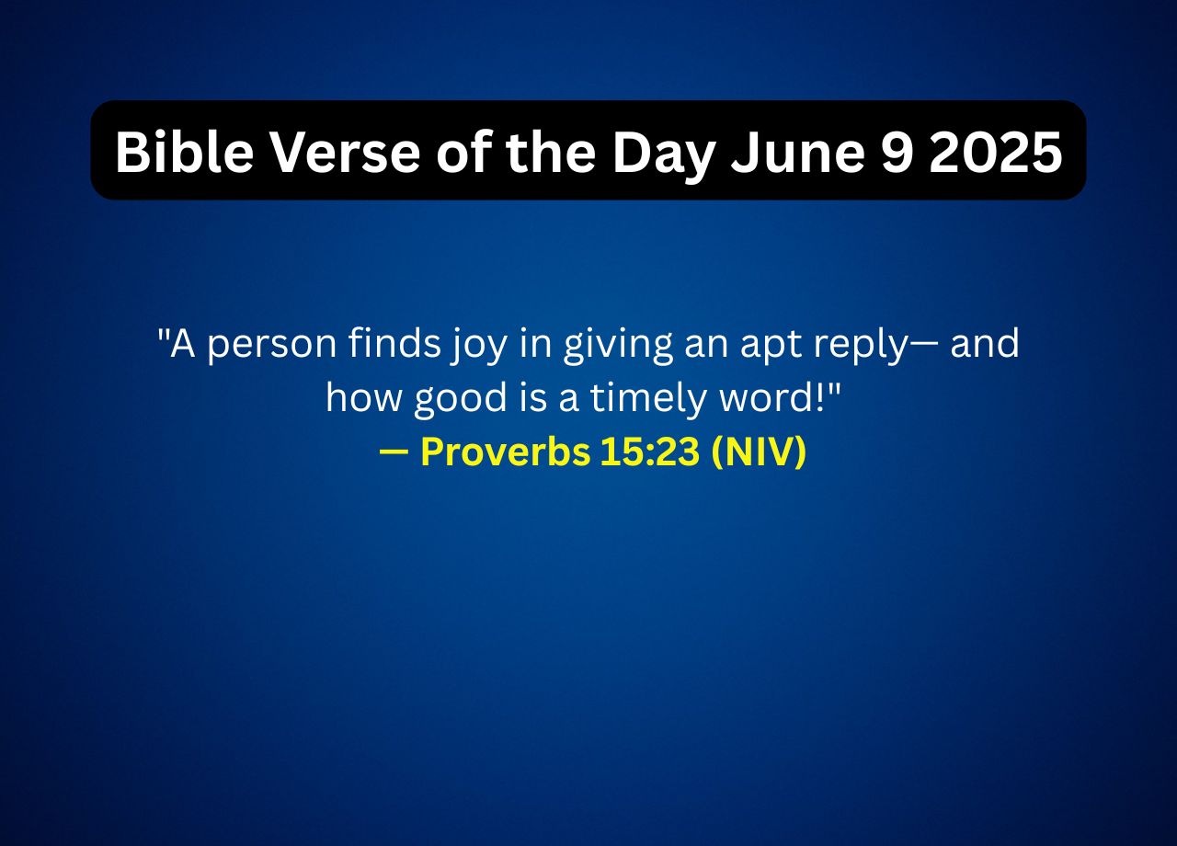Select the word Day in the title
coord(665,152)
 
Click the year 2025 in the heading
coord(996,152)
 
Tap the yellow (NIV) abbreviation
coord(759,452)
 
